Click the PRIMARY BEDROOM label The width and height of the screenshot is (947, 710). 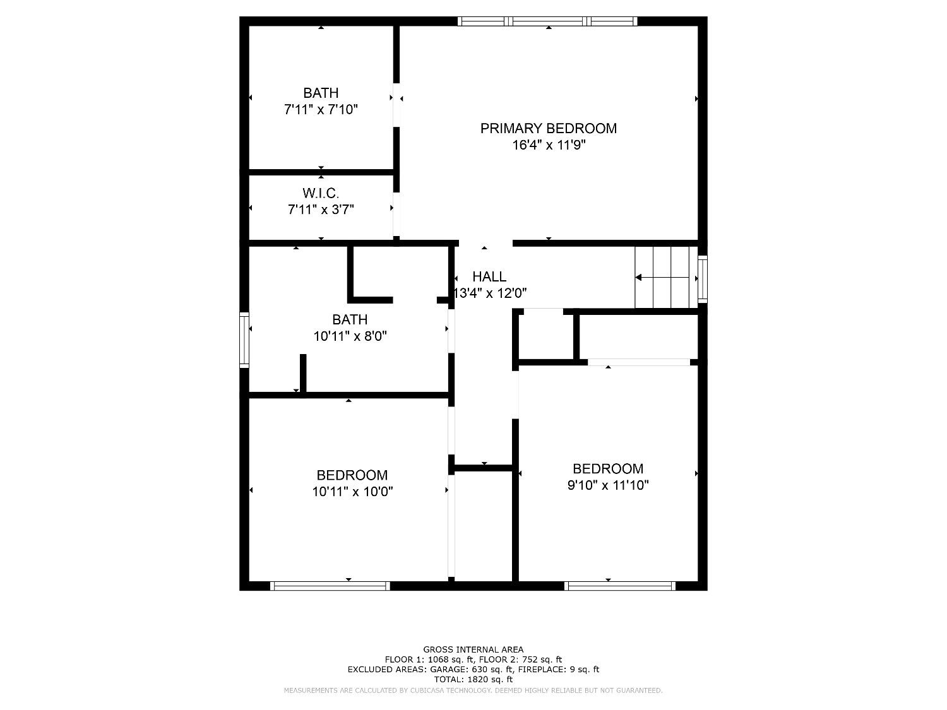coord(548,128)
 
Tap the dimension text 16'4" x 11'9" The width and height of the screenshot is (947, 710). coord(548,145)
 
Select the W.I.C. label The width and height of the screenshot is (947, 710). coord(321,193)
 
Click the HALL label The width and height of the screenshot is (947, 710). coord(489,276)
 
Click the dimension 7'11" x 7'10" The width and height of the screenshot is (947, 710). coord(321,110)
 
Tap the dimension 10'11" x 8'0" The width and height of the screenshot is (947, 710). coord(350,336)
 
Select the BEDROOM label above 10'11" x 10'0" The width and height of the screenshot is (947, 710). coord(352,475)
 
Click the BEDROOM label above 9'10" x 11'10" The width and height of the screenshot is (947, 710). coord(608,469)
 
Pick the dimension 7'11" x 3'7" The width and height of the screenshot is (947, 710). coord(321,210)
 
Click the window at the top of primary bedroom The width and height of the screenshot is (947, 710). coord(547,21)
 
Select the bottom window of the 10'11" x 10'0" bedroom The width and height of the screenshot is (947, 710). coord(330,586)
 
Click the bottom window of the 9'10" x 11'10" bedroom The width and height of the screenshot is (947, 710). coord(619,586)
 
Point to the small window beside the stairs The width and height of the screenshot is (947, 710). coord(702,278)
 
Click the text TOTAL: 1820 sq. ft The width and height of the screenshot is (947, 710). coord(473,680)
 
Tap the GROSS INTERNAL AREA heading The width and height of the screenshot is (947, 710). coord(473,649)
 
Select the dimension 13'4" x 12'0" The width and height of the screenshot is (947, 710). coord(491,293)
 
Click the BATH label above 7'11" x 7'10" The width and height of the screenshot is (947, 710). coord(321,93)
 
